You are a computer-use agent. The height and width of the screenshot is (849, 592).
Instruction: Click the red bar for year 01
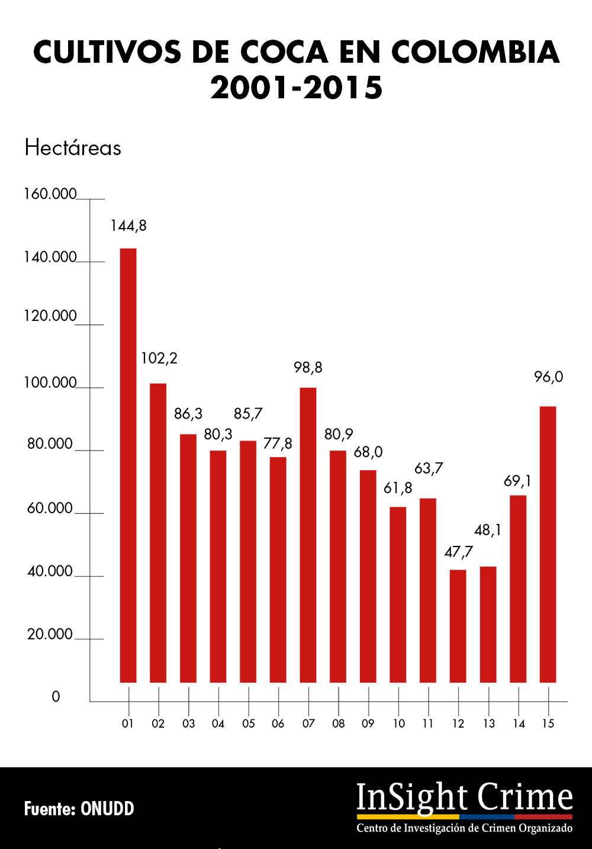[x=128, y=465]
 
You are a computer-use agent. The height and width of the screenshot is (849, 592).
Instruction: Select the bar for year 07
[x=308, y=535]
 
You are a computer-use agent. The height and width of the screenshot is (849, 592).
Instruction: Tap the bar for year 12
[x=458, y=626]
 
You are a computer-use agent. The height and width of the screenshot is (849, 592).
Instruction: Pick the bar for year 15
[x=548, y=544]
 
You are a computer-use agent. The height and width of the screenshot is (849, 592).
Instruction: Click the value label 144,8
[x=128, y=226]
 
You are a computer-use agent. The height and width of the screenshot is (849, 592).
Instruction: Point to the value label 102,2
[x=159, y=358]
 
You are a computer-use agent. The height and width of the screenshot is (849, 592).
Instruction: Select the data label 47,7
[x=458, y=552]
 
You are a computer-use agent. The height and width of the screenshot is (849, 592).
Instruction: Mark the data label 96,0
[x=548, y=377]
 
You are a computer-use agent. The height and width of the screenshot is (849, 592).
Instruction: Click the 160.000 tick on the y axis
[x=50, y=194]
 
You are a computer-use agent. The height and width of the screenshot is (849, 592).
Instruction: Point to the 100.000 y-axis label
[x=50, y=382]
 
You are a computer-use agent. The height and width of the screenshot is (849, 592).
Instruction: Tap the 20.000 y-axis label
[x=50, y=634]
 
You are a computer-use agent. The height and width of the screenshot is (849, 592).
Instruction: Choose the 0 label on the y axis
[x=56, y=697]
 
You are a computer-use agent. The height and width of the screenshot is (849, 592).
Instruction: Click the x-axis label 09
[x=368, y=723]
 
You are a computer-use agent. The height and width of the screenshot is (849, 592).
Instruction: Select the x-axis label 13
[x=488, y=723]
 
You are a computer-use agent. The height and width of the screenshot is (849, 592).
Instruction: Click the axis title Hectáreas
[x=73, y=147]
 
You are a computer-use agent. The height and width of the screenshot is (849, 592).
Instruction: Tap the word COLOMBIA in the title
[x=475, y=53]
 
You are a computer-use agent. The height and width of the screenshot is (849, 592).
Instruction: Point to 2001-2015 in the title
[x=297, y=88]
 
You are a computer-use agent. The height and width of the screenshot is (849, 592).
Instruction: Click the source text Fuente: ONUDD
[x=79, y=809]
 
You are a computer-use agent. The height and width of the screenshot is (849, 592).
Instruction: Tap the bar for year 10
[x=398, y=594]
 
